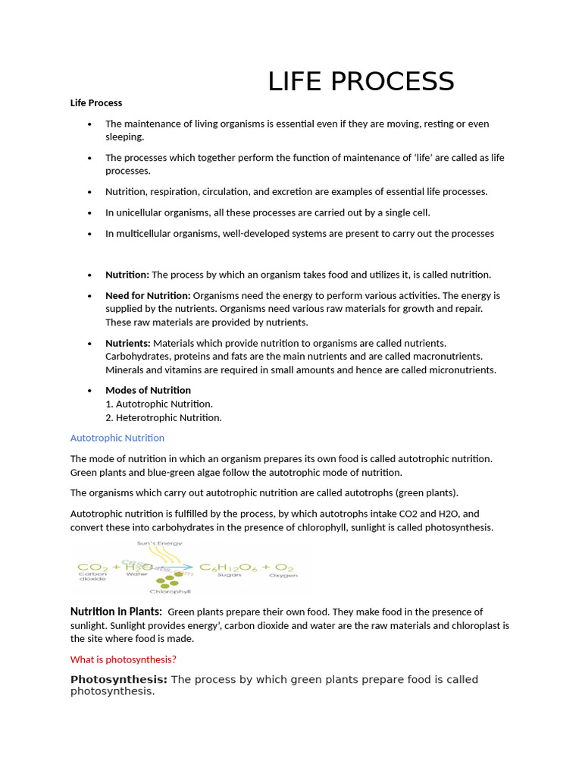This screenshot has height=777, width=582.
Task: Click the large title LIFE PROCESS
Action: pyautogui.click(x=361, y=81)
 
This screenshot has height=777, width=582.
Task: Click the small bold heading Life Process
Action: pyautogui.click(x=96, y=102)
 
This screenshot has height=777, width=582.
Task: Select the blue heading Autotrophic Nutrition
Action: pyautogui.click(x=117, y=438)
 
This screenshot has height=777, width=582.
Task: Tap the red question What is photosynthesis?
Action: pyautogui.click(x=123, y=659)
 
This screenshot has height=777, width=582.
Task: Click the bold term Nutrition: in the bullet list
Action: pyautogui.click(x=127, y=275)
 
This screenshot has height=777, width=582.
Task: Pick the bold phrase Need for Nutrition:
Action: pyautogui.click(x=148, y=295)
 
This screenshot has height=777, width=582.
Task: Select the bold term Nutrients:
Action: pyautogui.click(x=127, y=343)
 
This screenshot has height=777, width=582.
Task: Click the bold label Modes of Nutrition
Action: pyautogui.click(x=148, y=390)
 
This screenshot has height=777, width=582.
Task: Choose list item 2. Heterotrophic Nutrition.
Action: pyautogui.click(x=164, y=417)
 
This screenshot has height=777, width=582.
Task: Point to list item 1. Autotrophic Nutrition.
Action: pyautogui.click(x=159, y=404)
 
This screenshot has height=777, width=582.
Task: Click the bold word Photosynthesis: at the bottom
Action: pyautogui.click(x=118, y=679)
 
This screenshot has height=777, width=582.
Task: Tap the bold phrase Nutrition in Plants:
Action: pyautogui.click(x=116, y=612)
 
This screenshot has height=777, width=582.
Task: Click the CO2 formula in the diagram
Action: pyautogui.click(x=92, y=567)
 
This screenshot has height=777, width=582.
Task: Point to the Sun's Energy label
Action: pyautogui.click(x=159, y=543)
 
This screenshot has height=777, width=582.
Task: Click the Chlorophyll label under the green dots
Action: pyautogui.click(x=170, y=591)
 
